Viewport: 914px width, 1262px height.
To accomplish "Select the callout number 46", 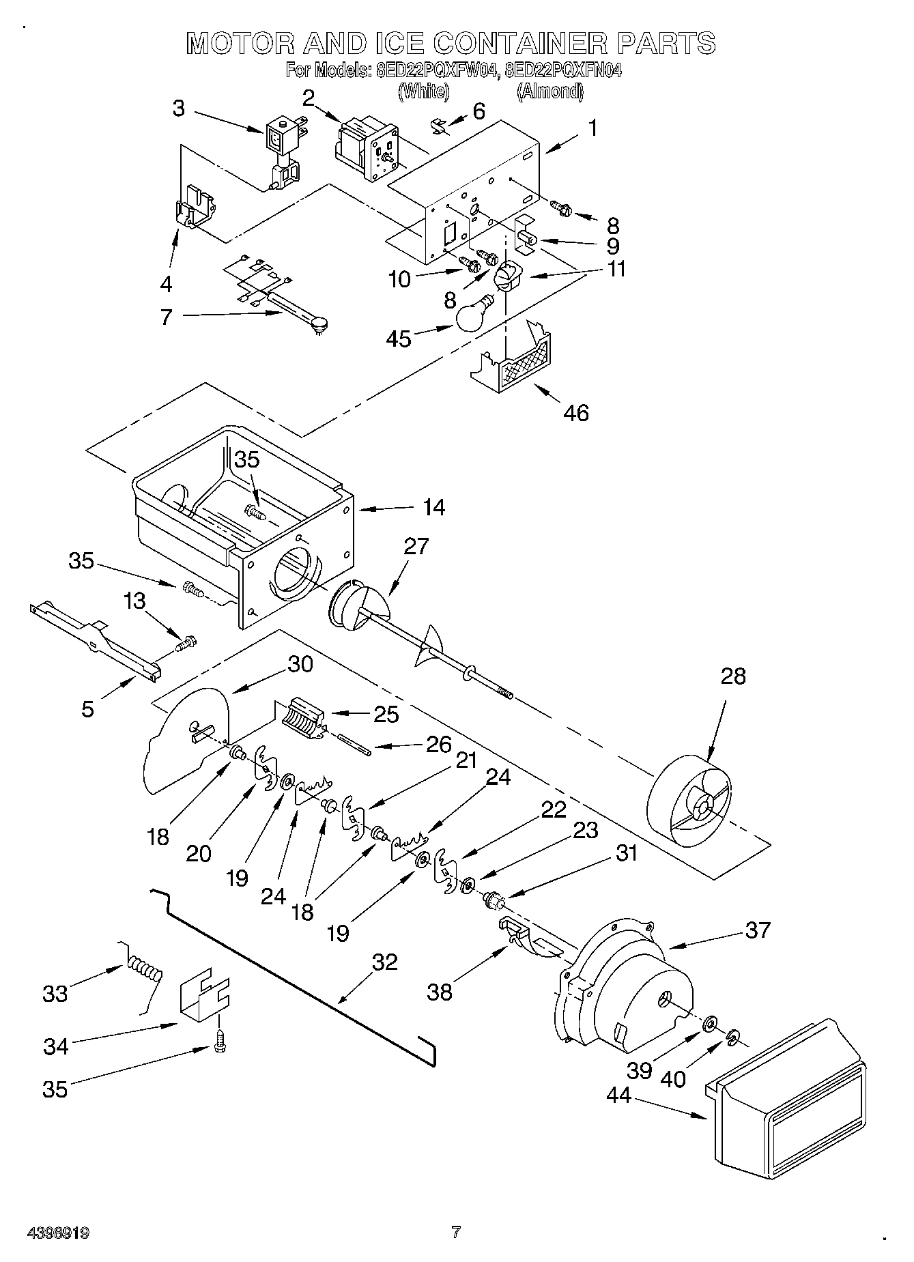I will click(576, 412).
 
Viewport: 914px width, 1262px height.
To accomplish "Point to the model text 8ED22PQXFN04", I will click(563, 70).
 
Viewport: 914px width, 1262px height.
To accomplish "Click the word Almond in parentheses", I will click(550, 91).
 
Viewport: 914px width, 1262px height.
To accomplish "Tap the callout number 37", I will click(757, 929).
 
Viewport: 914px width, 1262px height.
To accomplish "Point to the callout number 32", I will click(384, 962).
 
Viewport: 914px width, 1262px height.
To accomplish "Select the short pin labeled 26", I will click(354, 743).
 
